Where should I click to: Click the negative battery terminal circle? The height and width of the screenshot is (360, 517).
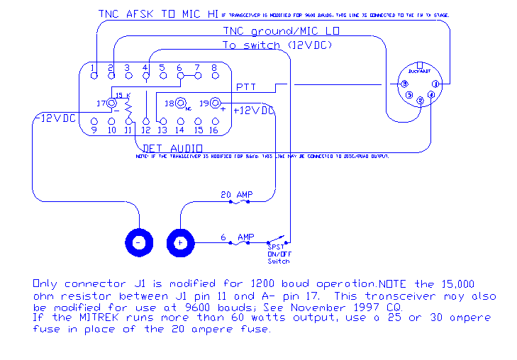pos(138,242)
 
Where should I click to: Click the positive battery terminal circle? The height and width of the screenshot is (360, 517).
pos(180,242)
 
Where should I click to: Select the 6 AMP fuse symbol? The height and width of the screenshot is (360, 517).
pos(243,242)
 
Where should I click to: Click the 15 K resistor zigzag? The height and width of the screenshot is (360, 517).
pos(128,110)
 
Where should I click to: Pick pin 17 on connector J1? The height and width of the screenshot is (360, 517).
pos(112,103)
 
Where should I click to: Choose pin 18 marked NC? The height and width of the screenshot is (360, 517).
pos(172,103)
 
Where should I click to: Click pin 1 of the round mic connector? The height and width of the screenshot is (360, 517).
pos(436,84)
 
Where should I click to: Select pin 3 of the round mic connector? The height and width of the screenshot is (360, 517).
pos(405,84)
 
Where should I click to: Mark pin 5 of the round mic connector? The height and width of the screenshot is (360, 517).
pos(409,95)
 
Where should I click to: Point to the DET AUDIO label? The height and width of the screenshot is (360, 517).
pos(173,148)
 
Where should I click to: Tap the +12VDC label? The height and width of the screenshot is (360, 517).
pos(253,111)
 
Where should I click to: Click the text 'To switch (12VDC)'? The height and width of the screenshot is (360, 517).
pos(277,45)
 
